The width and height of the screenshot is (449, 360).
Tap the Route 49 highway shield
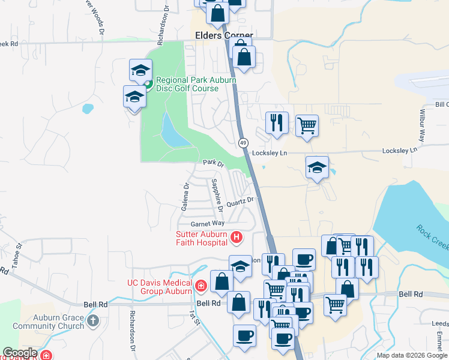(x=243, y=143)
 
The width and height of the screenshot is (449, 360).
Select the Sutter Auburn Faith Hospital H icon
(x=237, y=238)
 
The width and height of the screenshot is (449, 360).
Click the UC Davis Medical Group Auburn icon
(x=200, y=286)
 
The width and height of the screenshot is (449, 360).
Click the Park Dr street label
(x=212, y=163)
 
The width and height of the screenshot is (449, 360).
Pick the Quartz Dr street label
(x=241, y=202)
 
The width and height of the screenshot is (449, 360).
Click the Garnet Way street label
(x=203, y=223)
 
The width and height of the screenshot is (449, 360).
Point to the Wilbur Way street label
(x=423, y=126)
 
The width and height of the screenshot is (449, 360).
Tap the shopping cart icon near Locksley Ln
(x=307, y=125)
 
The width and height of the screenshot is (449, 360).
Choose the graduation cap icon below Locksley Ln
(x=317, y=167)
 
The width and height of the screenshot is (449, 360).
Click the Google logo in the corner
(x=20, y=353)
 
